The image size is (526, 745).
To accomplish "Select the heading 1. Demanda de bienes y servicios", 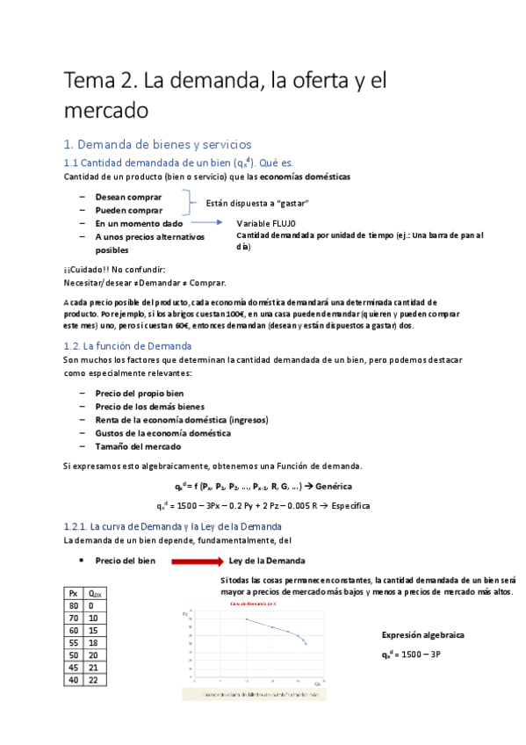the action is [x=157, y=144].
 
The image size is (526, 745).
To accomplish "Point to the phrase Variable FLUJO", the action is [x=267, y=223].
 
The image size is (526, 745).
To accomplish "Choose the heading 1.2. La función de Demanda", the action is [x=128, y=345].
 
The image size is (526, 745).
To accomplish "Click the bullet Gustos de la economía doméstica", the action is [x=162, y=433].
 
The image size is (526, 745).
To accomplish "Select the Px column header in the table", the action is [x=74, y=594].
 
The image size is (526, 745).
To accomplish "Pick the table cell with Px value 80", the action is [x=74, y=606].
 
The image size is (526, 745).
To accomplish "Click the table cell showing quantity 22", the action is [x=94, y=680].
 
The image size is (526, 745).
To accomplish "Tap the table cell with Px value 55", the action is [x=74, y=643].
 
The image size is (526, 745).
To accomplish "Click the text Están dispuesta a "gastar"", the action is [x=257, y=203].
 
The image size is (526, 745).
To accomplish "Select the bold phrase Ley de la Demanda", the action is [x=267, y=561].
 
